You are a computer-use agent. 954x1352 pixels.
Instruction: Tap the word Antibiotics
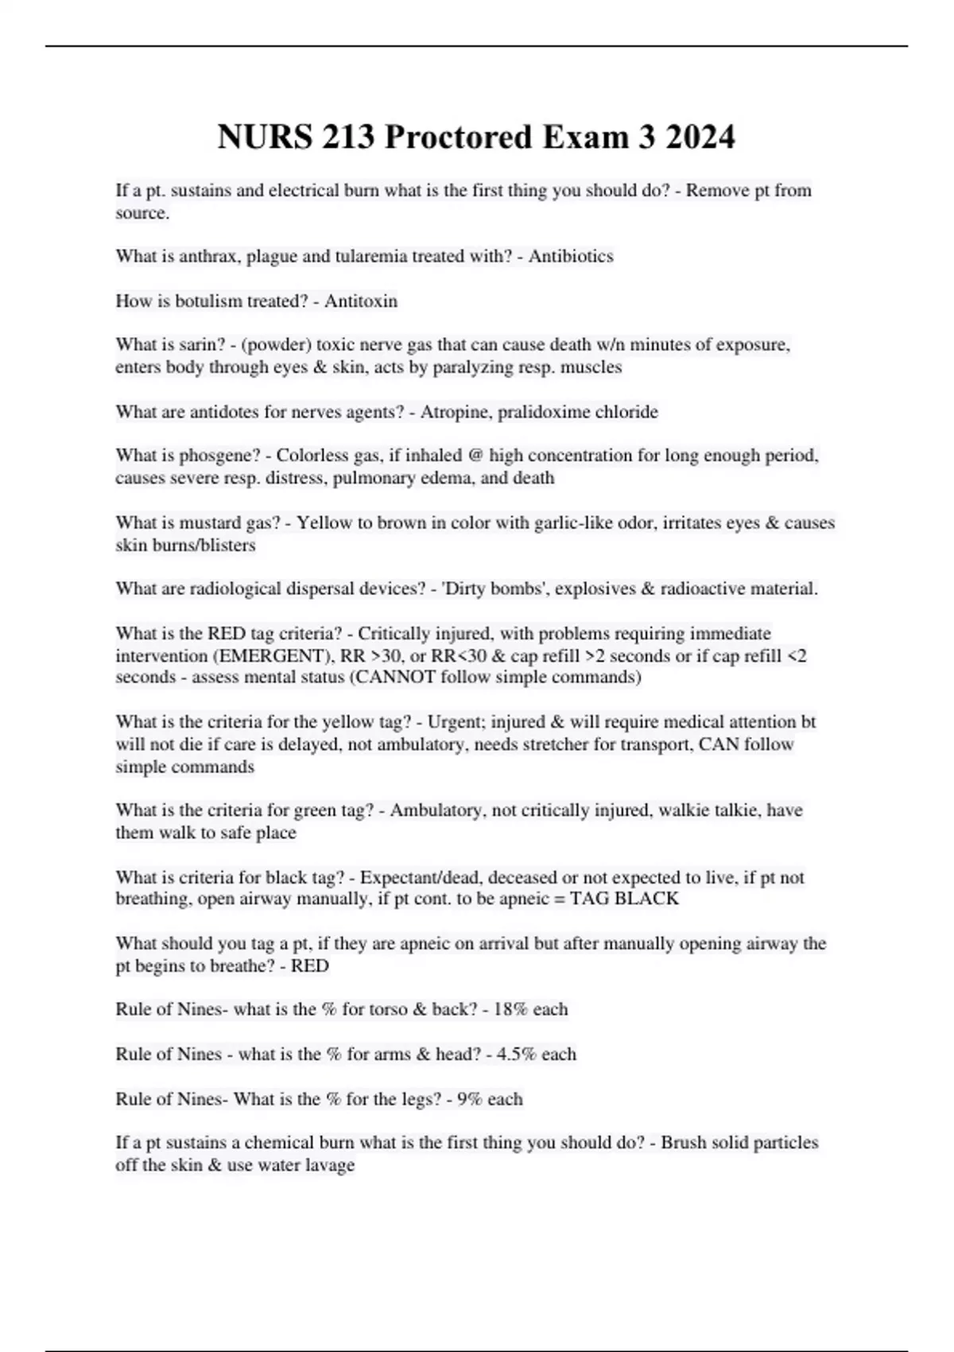click(x=571, y=256)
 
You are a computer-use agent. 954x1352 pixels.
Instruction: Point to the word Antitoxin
click(x=361, y=301)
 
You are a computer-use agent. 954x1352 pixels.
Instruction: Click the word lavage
click(x=329, y=1165)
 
